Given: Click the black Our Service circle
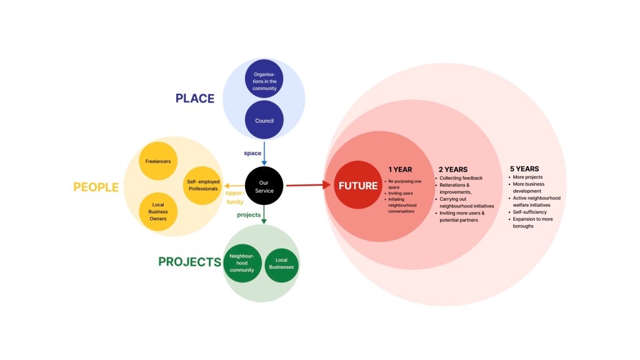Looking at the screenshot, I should pyautogui.click(x=264, y=186).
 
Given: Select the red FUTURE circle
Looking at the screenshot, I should pyautogui.click(x=357, y=186).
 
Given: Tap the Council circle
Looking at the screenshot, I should pyautogui.click(x=264, y=121).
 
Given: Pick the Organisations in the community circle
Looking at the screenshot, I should pyautogui.click(x=264, y=81).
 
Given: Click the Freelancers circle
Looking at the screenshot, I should pyautogui.click(x=157, y=161).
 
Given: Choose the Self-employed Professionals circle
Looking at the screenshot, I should pyautogui.click(x=202, y=185).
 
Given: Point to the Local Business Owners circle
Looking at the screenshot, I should pyautogui.click(x=157, y=212).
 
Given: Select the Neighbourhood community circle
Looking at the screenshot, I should pyautogui.click(x=242, y=263).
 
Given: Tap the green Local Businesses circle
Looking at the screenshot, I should pyautogui.click(x=281, y=263).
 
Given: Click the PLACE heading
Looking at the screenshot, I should pyautogui.click(x=194, y=99).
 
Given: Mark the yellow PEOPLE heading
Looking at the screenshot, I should pyautogui.click(x=96, y=187).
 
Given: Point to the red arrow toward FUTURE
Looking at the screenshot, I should pyautogui.click(x=309, y=185).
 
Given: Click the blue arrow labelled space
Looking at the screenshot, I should pyautogui.click(x=264, y=153).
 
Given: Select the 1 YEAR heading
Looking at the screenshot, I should pyautogui.click(x=400, y=169).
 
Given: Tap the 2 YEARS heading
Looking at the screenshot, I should pyautogui.click(x=453, y=169).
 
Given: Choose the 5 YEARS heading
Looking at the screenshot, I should pyautogui.click(x=524, y=169).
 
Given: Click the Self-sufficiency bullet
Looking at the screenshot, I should pyautogui.click(x=529, y=212).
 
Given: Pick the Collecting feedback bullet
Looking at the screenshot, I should pyautogui.click(x=461, y=178).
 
